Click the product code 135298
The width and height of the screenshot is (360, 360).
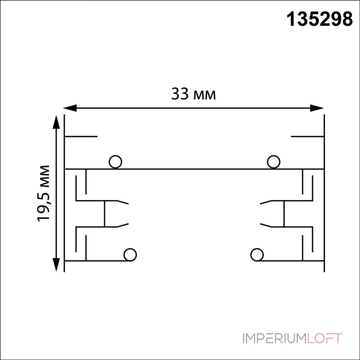319,19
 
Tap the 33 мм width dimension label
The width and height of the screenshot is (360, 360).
193,94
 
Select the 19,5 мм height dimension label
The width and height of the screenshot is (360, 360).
43,193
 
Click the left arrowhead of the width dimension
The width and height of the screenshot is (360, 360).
70,108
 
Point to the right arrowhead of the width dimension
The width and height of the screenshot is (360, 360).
317,108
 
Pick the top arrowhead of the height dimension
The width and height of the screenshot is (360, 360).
56,122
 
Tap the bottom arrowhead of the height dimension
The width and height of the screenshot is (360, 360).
56,265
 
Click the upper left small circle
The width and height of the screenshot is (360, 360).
115,162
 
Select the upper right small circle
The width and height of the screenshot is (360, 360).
274,162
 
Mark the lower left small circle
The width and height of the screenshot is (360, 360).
130,255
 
